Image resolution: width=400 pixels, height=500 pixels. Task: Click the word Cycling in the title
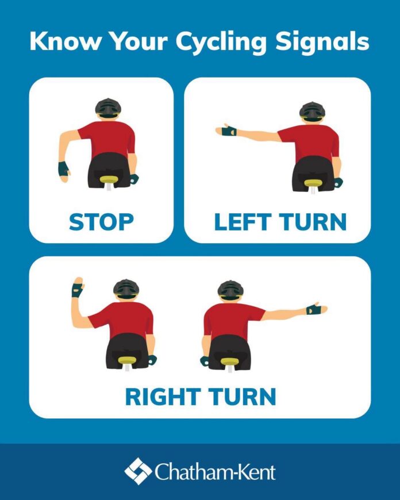(221, 42)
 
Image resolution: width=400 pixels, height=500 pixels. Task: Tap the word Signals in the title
(322, 41)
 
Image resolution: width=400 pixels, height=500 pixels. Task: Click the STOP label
(101, 222)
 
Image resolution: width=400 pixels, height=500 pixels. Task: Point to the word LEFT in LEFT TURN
(243, 222)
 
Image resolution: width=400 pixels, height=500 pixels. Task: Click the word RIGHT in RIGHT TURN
(163, 397)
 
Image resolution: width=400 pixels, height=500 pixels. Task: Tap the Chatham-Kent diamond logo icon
(138, 471)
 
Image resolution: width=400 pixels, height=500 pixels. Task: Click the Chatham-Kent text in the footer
(216, 472)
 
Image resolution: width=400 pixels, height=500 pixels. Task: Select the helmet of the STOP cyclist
(108, 108)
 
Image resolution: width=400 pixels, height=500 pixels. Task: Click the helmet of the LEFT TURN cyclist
(312, 111)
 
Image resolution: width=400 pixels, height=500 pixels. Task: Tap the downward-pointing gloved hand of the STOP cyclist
(64, 172)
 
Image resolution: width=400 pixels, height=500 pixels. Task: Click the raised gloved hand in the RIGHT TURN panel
(78, 287)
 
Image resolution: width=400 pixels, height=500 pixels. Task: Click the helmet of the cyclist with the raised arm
(126, 289)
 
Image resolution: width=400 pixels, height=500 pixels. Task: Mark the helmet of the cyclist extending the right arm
(230, 290)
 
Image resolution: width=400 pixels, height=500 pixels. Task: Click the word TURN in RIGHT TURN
(243, 397)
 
